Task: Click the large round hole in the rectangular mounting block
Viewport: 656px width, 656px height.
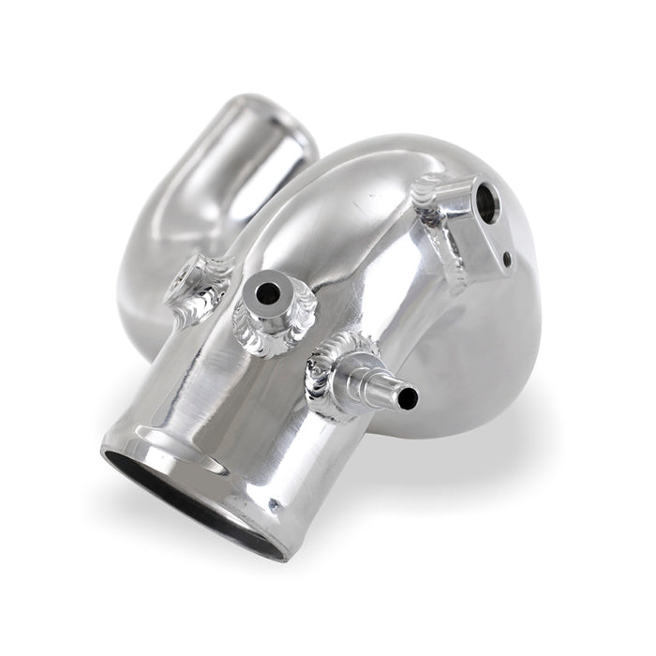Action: tap(488, 198)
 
